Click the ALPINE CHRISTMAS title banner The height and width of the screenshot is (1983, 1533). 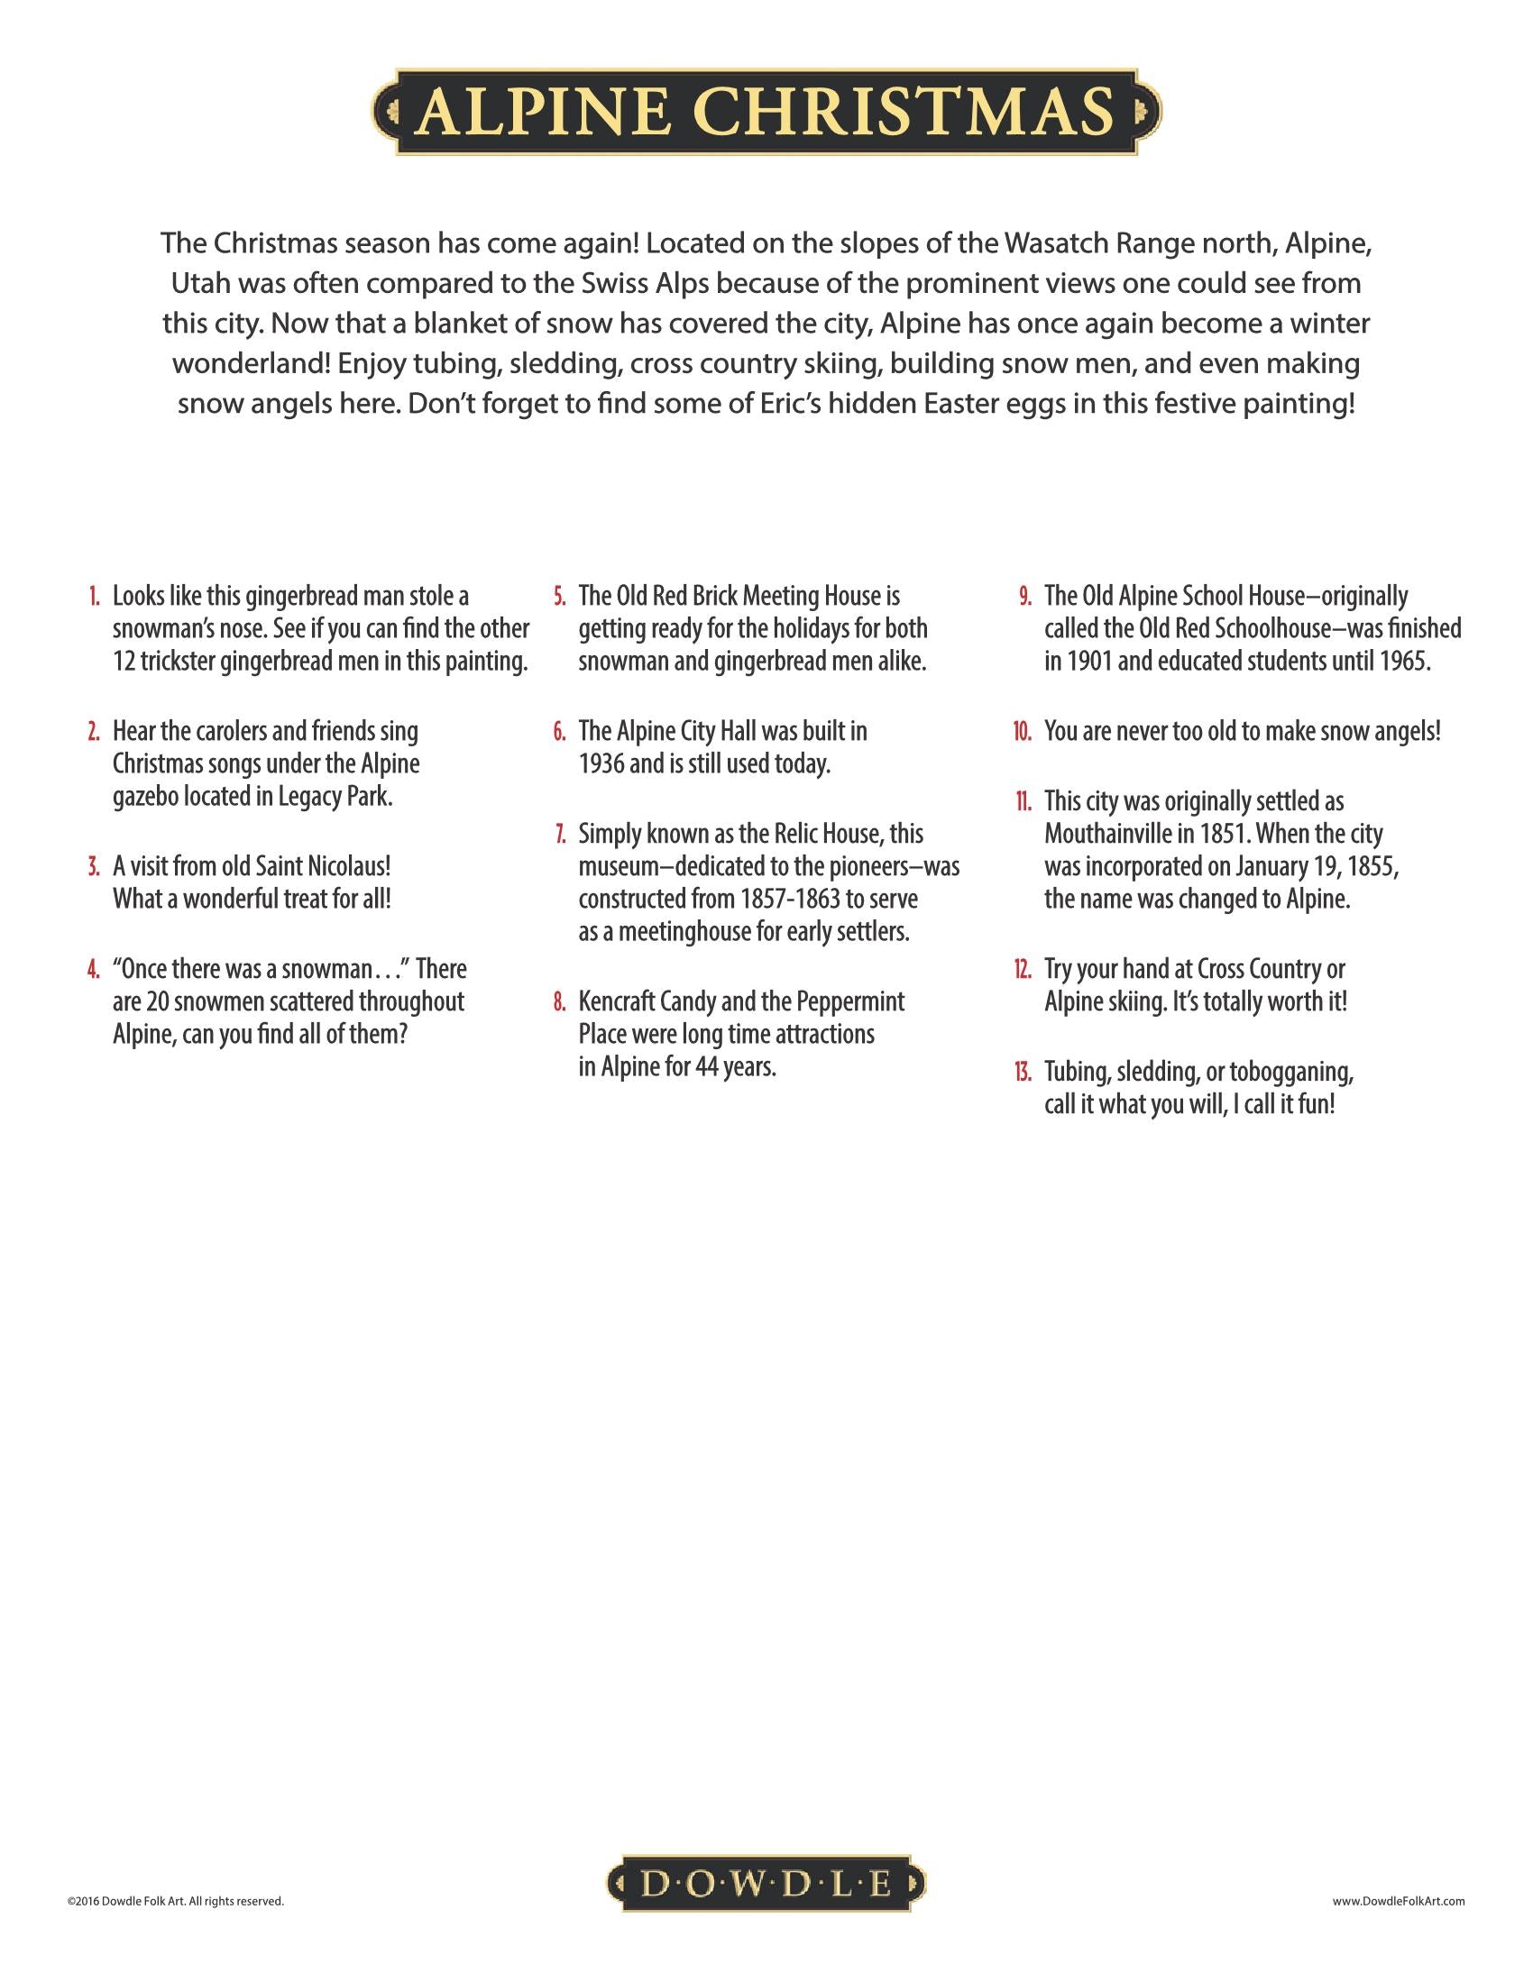[766, 112]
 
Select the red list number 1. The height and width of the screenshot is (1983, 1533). [94, 597]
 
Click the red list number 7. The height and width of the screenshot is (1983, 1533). [560, 834]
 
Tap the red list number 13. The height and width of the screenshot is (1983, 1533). [1024, 1072]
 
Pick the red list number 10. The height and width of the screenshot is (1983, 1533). [1023, 731]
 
